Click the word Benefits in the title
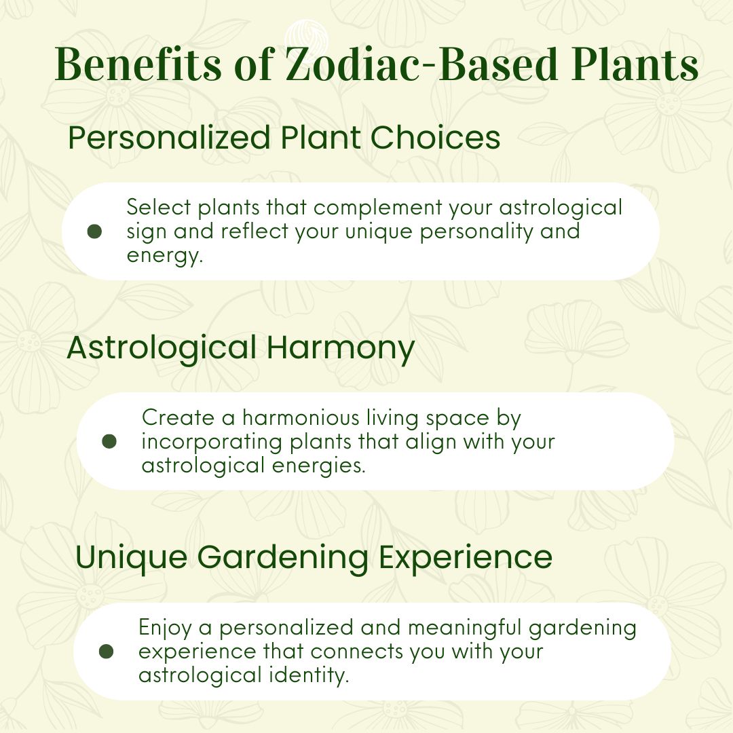pos(138,64)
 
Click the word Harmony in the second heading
pos(340,349)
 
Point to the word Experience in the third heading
pos(465,558)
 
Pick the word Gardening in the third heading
pos(282,558)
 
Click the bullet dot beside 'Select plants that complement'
pos(95,231)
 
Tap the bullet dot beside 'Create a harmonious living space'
pos(109,441)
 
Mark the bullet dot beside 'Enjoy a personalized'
pos(107,651)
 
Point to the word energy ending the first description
pos(164,256)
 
